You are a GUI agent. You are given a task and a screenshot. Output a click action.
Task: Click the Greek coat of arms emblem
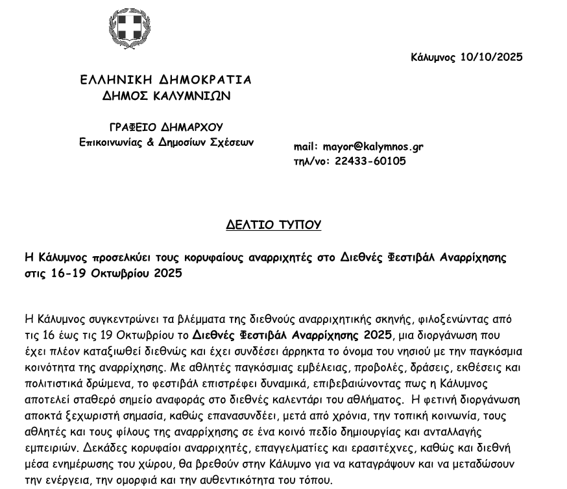tap(129, 29)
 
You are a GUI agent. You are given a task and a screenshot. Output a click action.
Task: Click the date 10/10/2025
tap(491, 57)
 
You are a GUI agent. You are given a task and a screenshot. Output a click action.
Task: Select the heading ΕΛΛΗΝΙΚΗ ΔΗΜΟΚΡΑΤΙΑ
tap(165, 80)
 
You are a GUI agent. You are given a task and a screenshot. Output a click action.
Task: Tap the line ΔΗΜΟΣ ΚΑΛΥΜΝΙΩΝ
tap(166, 96)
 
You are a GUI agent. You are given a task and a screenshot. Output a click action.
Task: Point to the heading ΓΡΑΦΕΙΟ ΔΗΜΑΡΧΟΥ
tap(166, 127)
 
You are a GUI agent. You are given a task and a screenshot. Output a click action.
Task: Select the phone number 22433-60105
tap(370, 161)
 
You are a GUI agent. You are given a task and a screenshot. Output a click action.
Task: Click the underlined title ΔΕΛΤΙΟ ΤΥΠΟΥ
tap(274, 225)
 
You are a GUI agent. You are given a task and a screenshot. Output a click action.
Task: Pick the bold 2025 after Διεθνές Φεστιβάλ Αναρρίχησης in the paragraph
tap(376, 335)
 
